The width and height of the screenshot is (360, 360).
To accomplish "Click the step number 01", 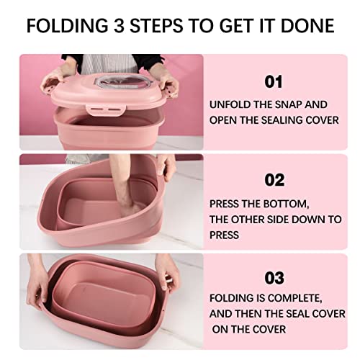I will [x=274, y=81].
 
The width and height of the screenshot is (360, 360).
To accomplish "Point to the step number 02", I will [x=274, y=180].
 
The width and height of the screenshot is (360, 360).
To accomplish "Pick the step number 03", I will [x=274, y=278].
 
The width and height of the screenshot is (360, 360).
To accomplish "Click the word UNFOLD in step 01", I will [x=230, y=104].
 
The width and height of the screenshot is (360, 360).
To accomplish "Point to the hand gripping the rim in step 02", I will [x=165, y=167].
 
